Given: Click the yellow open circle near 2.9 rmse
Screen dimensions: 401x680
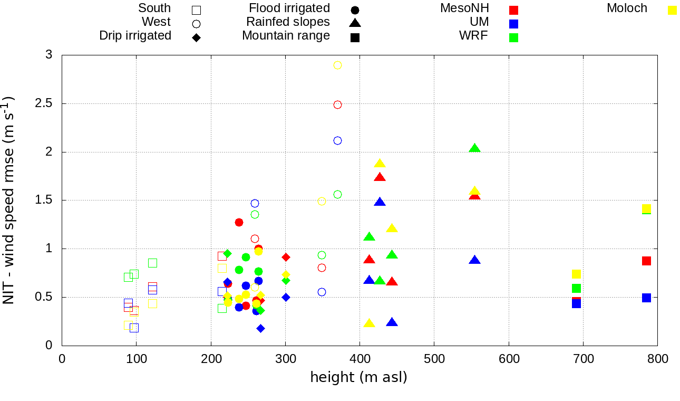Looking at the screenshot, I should (337, 65).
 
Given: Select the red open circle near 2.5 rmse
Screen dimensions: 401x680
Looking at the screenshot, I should (337, 105).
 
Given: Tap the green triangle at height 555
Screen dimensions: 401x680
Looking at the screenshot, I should (475, 148).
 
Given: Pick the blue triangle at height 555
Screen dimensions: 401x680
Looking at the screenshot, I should (475, 260).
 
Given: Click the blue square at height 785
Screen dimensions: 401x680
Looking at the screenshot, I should (646, 298).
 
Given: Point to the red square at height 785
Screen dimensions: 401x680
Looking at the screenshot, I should (646, 261).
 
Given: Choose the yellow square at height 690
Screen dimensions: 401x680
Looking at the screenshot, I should (576, 274).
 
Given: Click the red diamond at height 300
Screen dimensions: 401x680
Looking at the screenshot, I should (286, 257).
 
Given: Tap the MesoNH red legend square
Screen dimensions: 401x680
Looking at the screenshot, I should (514, 9).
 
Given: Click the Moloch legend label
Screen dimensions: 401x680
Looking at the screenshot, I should (627, 8).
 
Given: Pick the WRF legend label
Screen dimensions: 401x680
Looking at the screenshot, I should (474, 36).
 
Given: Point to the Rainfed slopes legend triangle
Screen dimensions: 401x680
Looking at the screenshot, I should (355, 23).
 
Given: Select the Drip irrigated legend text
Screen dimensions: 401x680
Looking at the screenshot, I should (135, 36).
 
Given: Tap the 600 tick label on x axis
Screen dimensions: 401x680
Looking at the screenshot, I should (509, 359).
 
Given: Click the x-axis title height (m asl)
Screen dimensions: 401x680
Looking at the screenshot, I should (359, 378).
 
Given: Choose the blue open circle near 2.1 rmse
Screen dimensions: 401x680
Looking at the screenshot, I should (337, 141).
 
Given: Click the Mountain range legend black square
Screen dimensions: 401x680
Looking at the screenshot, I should (355, 37).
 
